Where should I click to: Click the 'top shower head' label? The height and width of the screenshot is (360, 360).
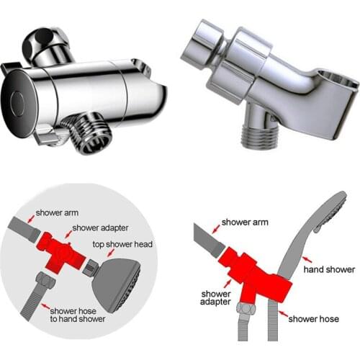(122, 244)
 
